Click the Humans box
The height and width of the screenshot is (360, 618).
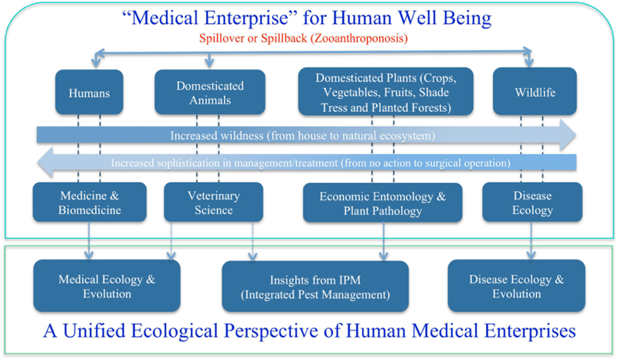pos(89,93)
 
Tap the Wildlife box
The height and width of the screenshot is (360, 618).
pos(535,93)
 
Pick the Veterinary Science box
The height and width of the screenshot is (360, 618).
pos(209,202)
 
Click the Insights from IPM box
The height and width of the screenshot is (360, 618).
pos(314,287)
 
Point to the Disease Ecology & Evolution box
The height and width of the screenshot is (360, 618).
pos(517,285)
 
